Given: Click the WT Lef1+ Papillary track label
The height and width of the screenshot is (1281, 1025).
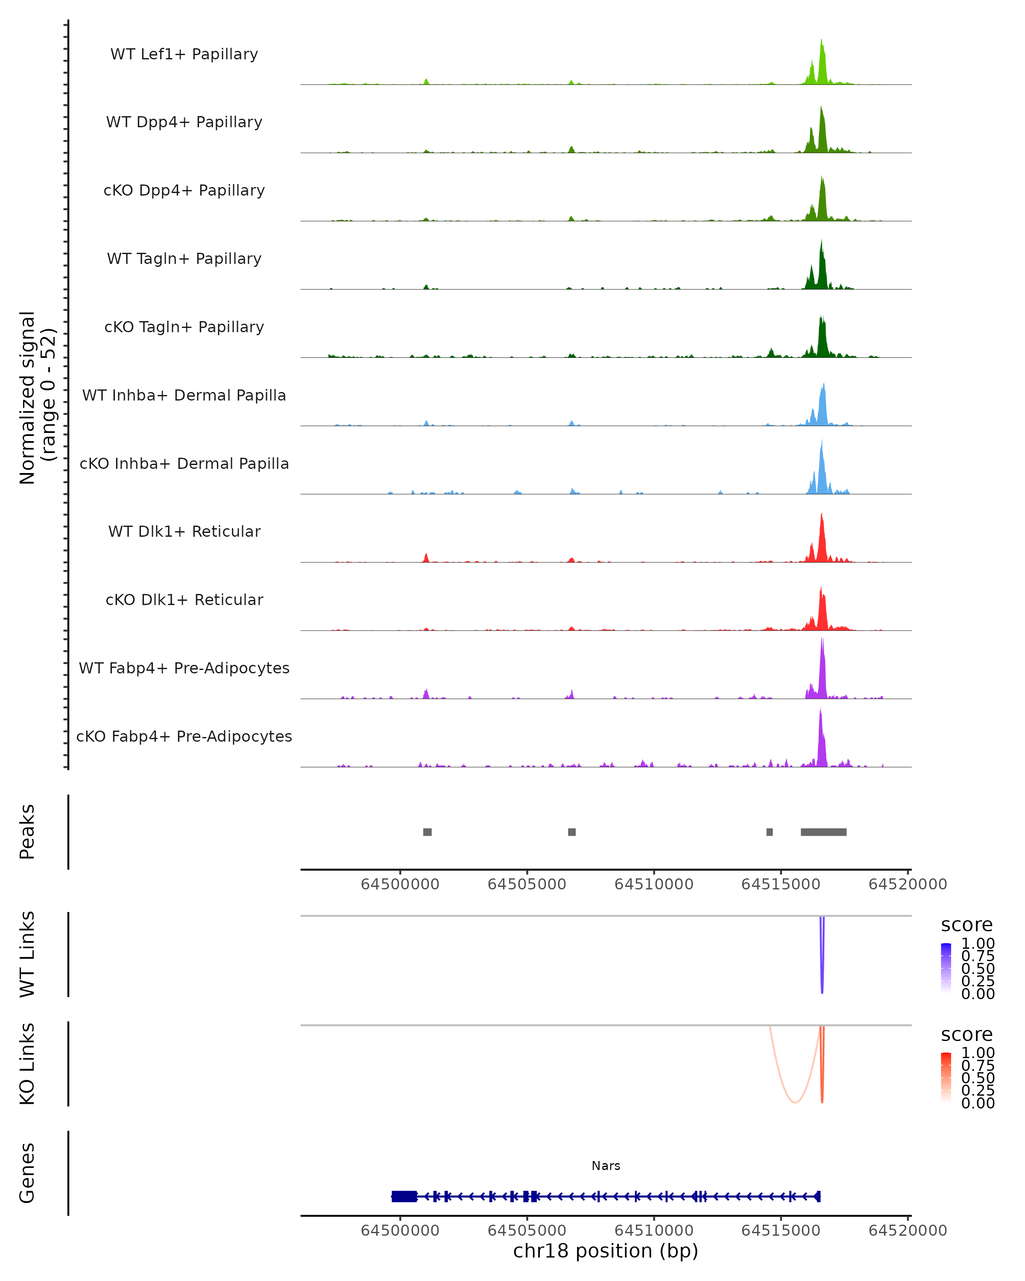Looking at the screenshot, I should click(x=184, y=54).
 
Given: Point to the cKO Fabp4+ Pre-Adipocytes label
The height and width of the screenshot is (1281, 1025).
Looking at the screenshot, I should click(x=184, y=736).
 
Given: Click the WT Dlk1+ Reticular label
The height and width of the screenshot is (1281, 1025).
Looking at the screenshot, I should click(x=184, y=531).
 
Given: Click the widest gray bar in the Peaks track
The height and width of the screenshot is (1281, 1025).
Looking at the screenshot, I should click(x=823, y=832).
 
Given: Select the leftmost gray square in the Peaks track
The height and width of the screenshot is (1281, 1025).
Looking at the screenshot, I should click(x=427, y=832).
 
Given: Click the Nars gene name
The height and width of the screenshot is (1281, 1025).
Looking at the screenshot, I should click(x=606, y=1166).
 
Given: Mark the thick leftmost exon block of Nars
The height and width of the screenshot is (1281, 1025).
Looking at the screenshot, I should click(x=404, y=1196).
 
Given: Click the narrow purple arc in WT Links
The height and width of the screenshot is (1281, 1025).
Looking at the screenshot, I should click(x=822, y=974).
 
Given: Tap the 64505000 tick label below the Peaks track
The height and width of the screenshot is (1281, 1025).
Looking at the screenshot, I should click(x=527, y=884).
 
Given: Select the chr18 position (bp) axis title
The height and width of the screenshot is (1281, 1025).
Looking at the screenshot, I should click(x=606, y=1251).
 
